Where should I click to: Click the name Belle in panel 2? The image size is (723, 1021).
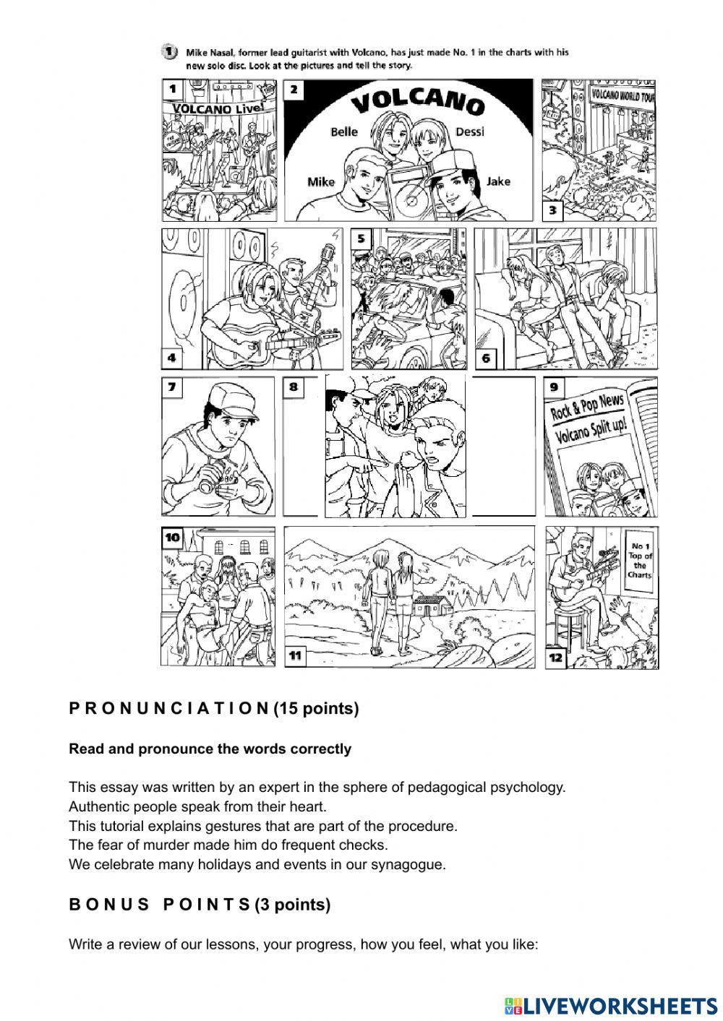pyautogui.click(x=344, y=132)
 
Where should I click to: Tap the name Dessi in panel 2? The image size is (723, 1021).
pyautogui.click(x=470, y=132)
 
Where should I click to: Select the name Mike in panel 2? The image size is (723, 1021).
pyautogui.click(x=321, y=181)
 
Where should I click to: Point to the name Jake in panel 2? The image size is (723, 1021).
pyautogui.click(x=498, y=181)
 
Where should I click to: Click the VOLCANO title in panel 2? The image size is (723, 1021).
pyautogui.click(x=417, y=103)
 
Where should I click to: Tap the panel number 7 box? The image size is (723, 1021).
pyautogui.click(x=172, y=387)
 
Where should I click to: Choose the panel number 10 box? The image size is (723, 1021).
pyautogui.click(x=173, y=538)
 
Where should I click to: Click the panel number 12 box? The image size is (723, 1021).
pyautogui.click(x=555, y=658)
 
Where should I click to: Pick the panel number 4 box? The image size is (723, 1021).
pyautogui.click(x=172, y=358)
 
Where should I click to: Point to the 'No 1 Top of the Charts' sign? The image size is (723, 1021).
pyautogui.click(x=640, y=561)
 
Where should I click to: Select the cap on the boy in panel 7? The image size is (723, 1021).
pyautogui.click(x=231, y=397)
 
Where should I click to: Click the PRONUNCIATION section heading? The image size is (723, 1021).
pyautogui.click(x=214, y=709)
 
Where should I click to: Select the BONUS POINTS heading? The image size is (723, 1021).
pyautogui.click(x=200, y=904)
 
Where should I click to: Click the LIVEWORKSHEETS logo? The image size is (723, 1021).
pyautogui.click(x=611, y=1006)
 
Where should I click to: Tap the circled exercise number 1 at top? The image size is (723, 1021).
pyautogui.click(x=168, y=51)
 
